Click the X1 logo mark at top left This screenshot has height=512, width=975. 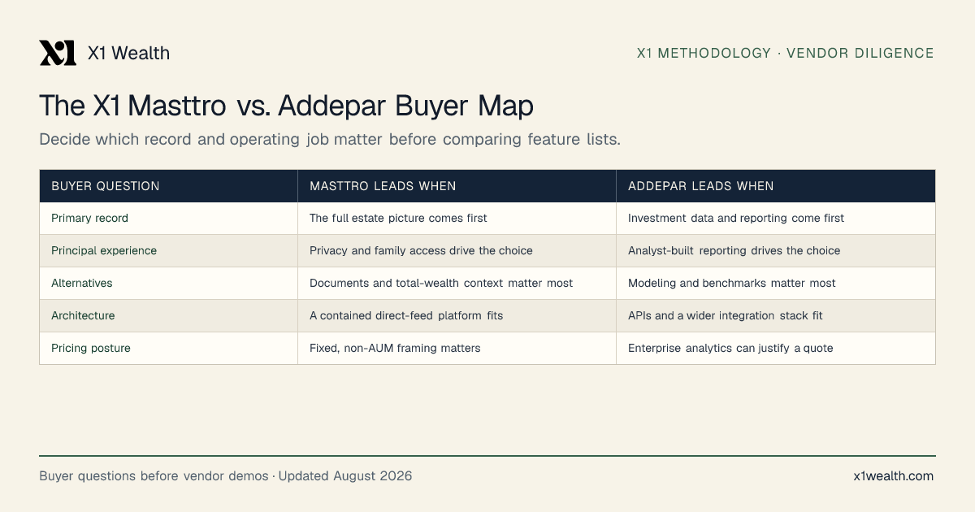58,53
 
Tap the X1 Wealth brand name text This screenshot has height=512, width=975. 129,53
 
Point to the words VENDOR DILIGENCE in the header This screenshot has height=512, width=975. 860,53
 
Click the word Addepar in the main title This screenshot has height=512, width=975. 331,106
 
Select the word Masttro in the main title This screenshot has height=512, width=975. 177,106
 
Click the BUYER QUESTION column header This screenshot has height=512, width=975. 106,186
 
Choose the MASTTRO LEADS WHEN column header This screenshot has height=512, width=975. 383,186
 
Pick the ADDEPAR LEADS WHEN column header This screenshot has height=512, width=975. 700,186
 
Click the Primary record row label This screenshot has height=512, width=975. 89,218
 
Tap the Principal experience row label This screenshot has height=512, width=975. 104,251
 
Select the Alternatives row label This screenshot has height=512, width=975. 82,283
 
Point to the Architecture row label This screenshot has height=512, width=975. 83,315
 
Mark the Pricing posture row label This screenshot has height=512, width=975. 91,349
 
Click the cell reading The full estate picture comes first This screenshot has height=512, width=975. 398,218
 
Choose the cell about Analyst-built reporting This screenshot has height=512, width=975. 734,251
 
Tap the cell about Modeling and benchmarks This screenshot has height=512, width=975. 732,283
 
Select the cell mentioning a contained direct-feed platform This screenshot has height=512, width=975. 406,315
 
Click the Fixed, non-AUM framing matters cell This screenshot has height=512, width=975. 395,349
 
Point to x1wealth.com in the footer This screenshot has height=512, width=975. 894,476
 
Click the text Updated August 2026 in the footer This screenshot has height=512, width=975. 345,476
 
